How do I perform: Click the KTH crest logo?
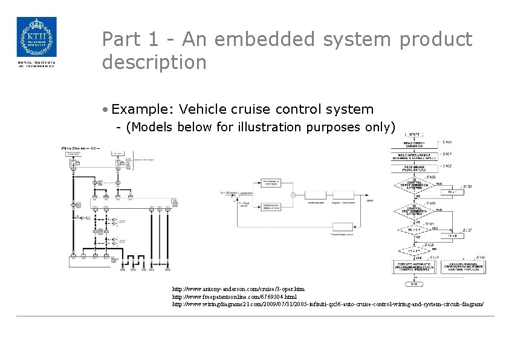pyautogui.click(x=36, y=38)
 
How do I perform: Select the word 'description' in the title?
pyautogui.click(x=154, y=62)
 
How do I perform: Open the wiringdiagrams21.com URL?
pyautogui.click(x=328, y=304)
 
